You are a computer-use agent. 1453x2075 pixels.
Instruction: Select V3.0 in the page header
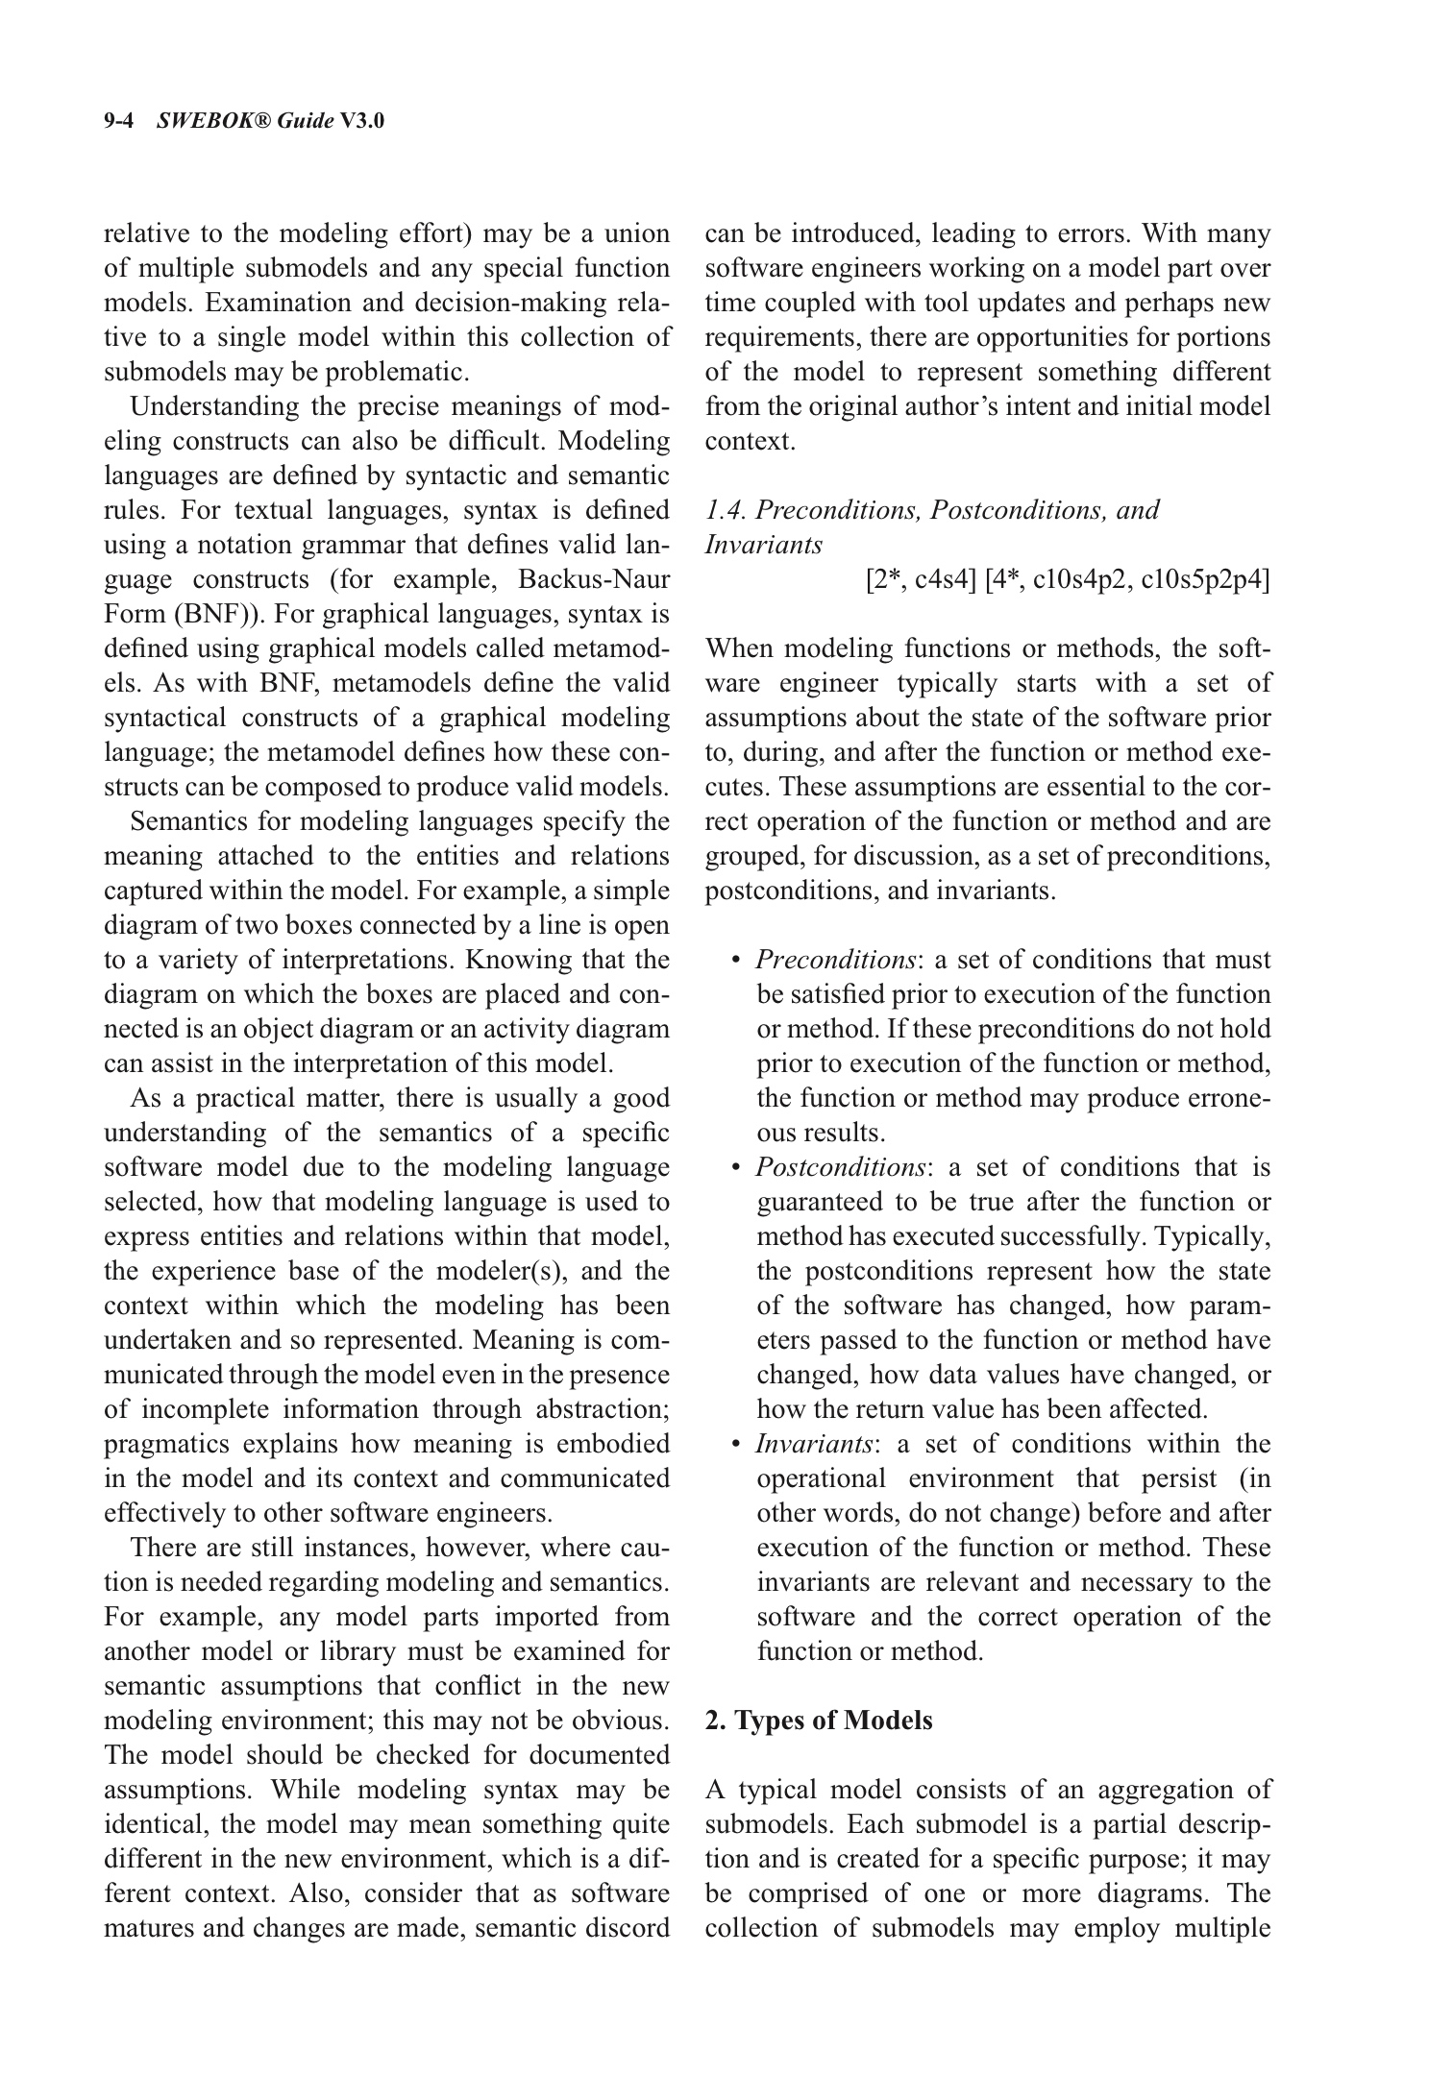[x=362, y=121]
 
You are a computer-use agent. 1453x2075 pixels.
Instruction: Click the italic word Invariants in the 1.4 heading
[x=763, y=545]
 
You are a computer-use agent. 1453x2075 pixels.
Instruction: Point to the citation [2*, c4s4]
[x=922, y=579]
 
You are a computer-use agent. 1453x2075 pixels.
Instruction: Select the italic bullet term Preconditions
[x=834, y=960]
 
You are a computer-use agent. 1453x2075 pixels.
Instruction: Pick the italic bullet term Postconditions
[x=840, y=1167]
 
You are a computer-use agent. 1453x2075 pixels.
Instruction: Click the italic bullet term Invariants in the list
[x=814, y=1444]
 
